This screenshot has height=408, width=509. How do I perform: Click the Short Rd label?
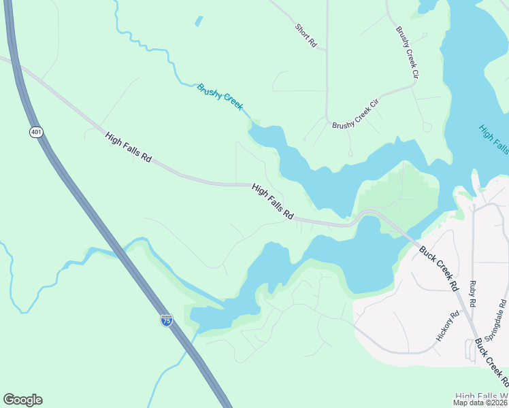pos(306,35)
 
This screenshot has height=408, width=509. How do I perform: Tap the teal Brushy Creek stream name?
pos(220,96)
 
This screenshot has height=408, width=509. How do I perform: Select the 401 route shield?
pos(36,131)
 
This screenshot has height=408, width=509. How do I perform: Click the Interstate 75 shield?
pos(167,320)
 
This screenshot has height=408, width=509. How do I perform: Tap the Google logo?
pos(22,400)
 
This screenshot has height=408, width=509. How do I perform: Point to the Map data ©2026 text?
pos(480,403)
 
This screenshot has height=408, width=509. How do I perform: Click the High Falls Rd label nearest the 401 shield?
pos(128,147)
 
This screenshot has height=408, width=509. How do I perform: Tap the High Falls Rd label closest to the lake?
pos(272,201)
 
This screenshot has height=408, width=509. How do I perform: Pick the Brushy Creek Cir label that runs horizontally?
pos(364,116)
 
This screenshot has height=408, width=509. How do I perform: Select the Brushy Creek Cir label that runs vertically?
pos(407,52)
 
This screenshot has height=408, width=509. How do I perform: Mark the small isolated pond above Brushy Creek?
pos(199,21)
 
